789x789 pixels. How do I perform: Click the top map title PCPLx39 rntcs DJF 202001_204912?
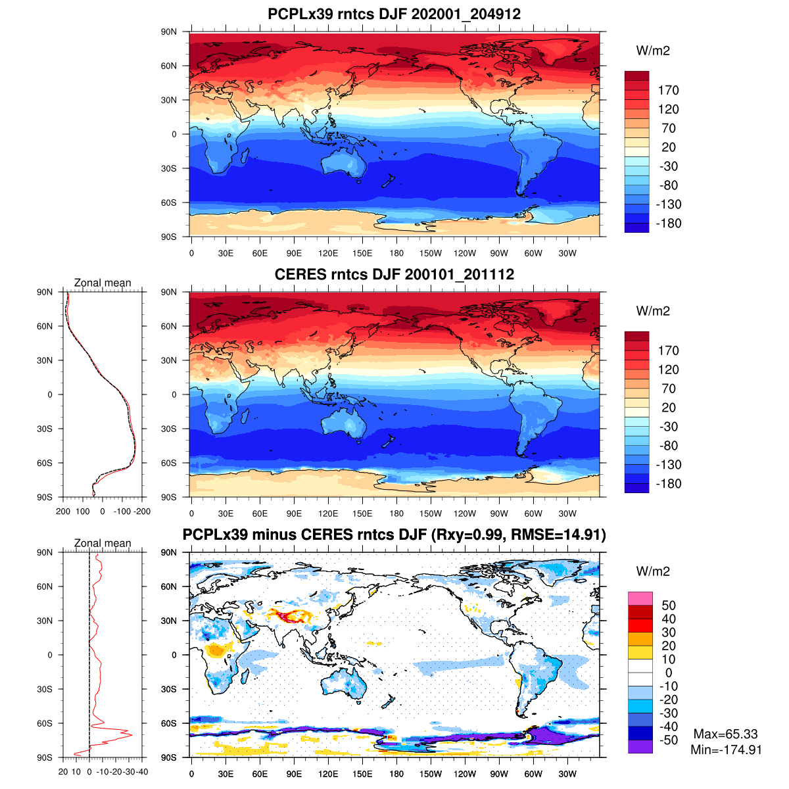[x=394, y=14]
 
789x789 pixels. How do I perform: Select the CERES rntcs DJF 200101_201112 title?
[x=394, y=274]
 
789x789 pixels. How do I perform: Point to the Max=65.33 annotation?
[x=725, y=734]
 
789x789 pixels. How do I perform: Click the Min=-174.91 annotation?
[x=726, y=750]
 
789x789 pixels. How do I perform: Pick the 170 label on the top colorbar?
[x=668, y=90]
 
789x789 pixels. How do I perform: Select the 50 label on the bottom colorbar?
[x=668, y=605]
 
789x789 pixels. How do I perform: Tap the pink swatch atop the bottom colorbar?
[x=640, y=598]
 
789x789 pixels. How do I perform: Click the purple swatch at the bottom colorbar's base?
[x=640, y=746]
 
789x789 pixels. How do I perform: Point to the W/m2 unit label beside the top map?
[x=653, y=51]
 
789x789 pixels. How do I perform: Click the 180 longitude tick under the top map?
[x=396, y=253]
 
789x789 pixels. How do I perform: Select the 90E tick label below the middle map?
[x=294, y=514]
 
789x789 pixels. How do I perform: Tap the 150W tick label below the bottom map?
[x=431, y=774]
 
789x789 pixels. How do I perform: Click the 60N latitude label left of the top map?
[x=169, y=66]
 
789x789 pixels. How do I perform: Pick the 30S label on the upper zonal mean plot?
[x=45, y=429]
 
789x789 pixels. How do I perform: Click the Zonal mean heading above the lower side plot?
[x=103, y=543]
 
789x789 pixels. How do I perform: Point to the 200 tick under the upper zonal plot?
[x=63, y=511]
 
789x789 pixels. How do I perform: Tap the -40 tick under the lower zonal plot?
[x=141, y=771]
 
